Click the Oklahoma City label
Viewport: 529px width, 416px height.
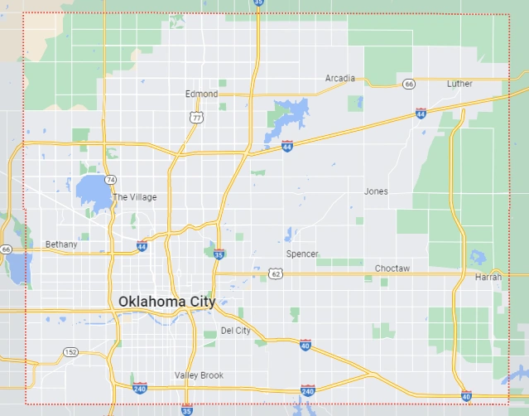point(166,302)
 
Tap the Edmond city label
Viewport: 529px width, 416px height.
point(201,94)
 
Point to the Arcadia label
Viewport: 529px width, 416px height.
point(339,79)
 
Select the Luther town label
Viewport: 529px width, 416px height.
point(459,84)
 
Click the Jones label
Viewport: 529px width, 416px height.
point(376,191)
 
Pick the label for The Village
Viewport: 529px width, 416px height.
point(134,197)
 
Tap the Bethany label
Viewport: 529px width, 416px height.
point(61,244)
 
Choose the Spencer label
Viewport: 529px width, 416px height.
point(301,254)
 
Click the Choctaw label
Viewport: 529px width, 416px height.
point(392,268)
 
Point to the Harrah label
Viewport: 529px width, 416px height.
point(488,277)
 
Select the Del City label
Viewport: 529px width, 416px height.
point(235,331)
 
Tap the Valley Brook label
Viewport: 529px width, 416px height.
point(199,375)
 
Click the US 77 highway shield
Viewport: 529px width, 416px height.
point(195,119)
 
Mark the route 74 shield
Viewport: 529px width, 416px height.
point(110,179)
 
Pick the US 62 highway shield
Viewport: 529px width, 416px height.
point(274,273)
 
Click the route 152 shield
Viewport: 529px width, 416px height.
point(72,352)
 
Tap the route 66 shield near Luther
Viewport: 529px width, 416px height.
point(408,84)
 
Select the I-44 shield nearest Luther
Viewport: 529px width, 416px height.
point(421,112)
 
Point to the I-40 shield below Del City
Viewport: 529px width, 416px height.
point(305,345)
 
